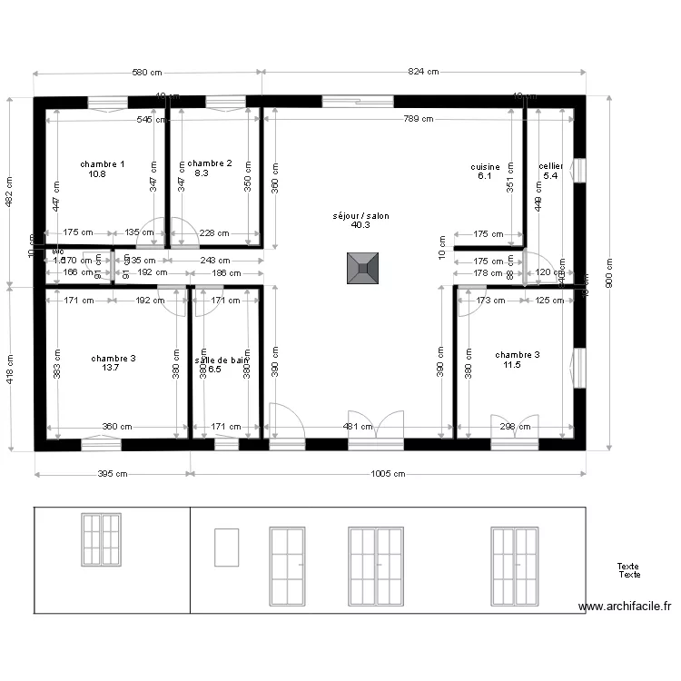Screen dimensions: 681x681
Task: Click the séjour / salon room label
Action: point(360,215)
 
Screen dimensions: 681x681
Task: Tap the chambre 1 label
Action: point(103,164)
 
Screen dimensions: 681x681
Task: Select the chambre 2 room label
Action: point(209,163)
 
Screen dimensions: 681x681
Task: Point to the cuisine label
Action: point(485,167)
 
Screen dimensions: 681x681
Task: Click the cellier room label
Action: point(550,166)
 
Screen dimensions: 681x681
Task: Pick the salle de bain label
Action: point(221,360)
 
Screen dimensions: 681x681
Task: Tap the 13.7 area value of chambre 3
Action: point(111,369)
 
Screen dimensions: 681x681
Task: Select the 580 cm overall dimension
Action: point(148,72)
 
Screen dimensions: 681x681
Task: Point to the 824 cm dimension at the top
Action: point(423,72)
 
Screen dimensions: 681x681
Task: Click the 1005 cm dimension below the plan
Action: point(388,474)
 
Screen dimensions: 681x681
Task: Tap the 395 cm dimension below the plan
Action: point(113,474)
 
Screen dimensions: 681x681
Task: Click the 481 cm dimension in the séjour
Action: point(358,426)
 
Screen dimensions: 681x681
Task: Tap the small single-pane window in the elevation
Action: point(226,548)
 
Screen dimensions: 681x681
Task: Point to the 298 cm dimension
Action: point(514,426)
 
